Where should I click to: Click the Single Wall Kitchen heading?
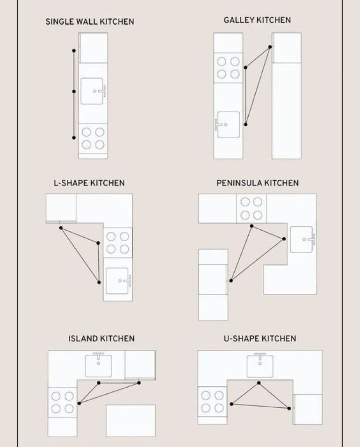pos(90,21)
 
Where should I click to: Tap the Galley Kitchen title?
pos(257,20)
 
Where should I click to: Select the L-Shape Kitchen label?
pos(89,183)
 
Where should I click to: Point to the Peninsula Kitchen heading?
pos(258,183)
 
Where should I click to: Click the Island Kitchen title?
pos(101,338)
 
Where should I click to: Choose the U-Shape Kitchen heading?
pos(260,338)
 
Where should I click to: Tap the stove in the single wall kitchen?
pos(93,138)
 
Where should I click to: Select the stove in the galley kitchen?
pos(228,68)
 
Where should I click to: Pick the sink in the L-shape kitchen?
pos(118,281)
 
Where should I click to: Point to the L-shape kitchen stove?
pos(118,243)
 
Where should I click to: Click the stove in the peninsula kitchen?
pos(252,208)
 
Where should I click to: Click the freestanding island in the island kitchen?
pos(130,420)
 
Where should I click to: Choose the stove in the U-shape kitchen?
pos(212,402)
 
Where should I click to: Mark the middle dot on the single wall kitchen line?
pos(74,91)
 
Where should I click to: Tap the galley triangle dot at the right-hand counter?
pos(270,47)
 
